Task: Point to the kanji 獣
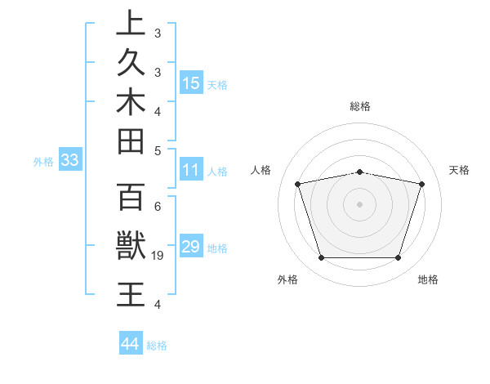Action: tap(131, 246)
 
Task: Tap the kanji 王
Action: tap(131, 293)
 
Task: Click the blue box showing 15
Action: tap(191, 83)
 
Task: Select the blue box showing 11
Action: tap(191, 171)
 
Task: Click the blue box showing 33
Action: tap(69, 161)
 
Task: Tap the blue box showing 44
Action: tap(130, 344)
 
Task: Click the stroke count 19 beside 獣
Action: tap(158, 257)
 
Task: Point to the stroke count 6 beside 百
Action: tap(158, 207)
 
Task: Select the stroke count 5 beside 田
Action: tap(158, 150)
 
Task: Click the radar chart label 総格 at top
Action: tap(359, 106)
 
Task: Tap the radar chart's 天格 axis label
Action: tap(459, 170)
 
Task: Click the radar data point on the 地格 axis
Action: tap(398, 258)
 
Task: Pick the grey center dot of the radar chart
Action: tap(359, 204)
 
